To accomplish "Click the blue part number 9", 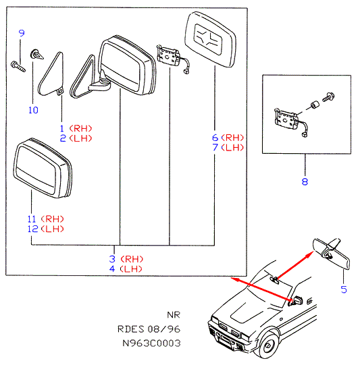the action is pyautogui.click(x=22, y=33).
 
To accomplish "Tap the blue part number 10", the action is pyautogui.click(x=33, y=110).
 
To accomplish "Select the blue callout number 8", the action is pyautogui.click(x=305, y=181).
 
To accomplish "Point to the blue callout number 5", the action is pyautogui.click(x=344, y=289).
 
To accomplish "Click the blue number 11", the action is pyautogui.click(x=32, y=219).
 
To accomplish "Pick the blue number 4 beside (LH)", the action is pyautogui.click(x=112, y=269).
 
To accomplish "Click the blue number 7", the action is pyautogui.click(x=215, y=147).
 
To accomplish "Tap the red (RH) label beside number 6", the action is pyautogui.click(x=232, y=138).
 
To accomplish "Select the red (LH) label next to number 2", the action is pyautogui.click(x=81, y=138).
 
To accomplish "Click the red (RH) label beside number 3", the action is pyautogui.click(x=132, y=259).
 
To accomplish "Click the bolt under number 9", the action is pyautogui.click(x=18, y=66).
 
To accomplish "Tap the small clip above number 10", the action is pyautogui.click(x=36, y=55).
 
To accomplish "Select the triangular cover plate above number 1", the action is pyautogui.click(x=51, y=74).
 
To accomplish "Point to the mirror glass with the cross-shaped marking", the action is pyautogui.click(x=210, y=40).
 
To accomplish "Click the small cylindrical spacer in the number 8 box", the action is pyautogui.click(x=315, y=105).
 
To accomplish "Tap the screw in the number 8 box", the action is pyautogui.click(x=329, y=97).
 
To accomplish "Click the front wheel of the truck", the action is pyautogui.click(x=268, y=345).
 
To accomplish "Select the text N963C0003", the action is pyautogui.click(x=151, y=343).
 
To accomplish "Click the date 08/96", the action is pyautogui.click(x=164, y=329).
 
